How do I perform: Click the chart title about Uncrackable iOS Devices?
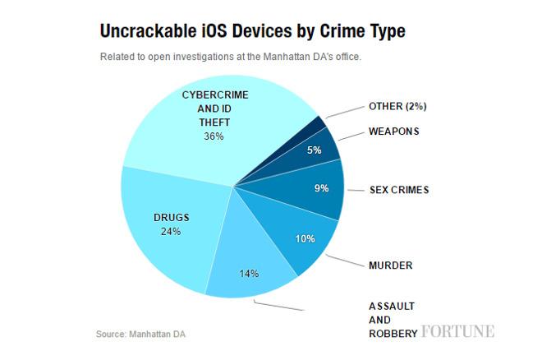[251, 32]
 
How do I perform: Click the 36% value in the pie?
[214, 136]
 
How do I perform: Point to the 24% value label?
[171, 231]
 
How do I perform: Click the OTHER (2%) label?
[397, 107]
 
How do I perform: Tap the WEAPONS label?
[393, 131]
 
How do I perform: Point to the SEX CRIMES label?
[399, 190]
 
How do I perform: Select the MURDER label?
[390, 265]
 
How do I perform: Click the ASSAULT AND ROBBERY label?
[393, 320]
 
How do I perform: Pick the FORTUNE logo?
[457, 332]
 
